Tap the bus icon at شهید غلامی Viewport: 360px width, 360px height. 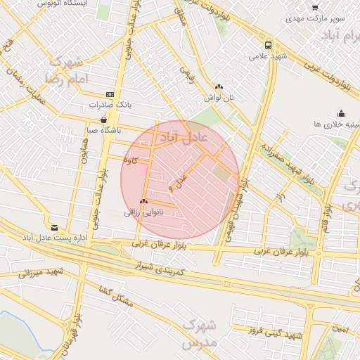pos(259,44)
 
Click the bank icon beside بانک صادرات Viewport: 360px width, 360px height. pos(110,94)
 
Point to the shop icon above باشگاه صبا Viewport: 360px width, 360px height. pos(104,119)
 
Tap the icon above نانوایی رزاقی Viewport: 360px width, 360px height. pos(143,201)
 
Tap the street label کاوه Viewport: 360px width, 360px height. pos(129,160)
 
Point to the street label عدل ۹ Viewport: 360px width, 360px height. pos(180,182)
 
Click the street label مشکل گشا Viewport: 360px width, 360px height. pos(116,296)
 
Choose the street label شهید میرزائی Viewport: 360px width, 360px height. pos(39,272)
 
